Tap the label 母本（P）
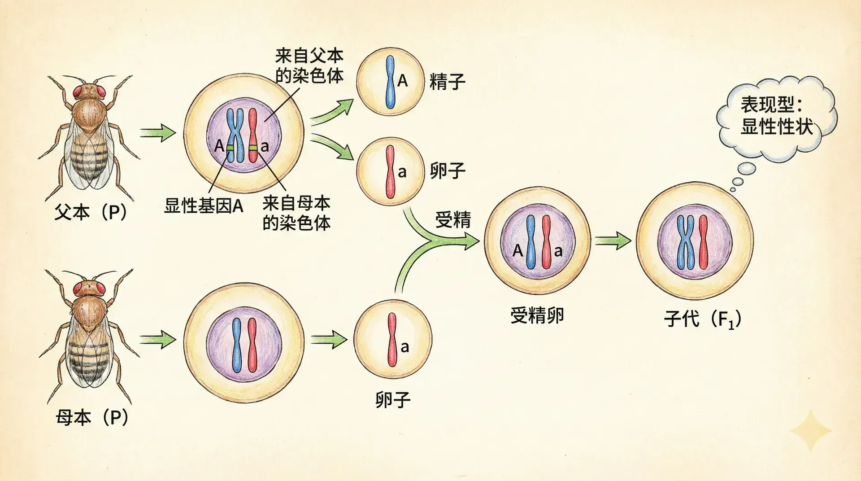point(92,417)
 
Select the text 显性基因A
point(204,206)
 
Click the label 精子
point(447,82)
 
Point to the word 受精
point(453,220)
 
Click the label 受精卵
point(537,315)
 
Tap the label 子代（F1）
point(702,319)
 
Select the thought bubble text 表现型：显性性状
point(776,116)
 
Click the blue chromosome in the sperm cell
point(391,82)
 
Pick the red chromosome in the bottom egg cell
point(392,339)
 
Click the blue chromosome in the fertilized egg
point(531,242)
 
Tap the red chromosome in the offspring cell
point(703,242)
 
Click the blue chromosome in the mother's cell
point(237,346)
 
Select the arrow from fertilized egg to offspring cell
point(612,241)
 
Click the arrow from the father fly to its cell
point(157,133)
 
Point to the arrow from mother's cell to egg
point(329,339)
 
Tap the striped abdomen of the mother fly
point(88,359)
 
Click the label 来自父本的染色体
point(309,66)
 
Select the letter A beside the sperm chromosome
point(403,81)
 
